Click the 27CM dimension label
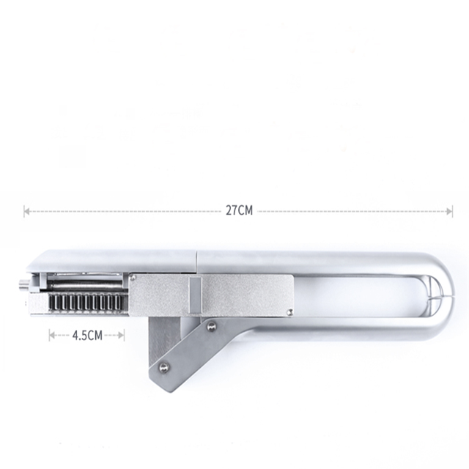coord(239,211)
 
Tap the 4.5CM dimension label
coord(86,335)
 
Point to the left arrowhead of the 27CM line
coord(26,211)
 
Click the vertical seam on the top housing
coord(196,260)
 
